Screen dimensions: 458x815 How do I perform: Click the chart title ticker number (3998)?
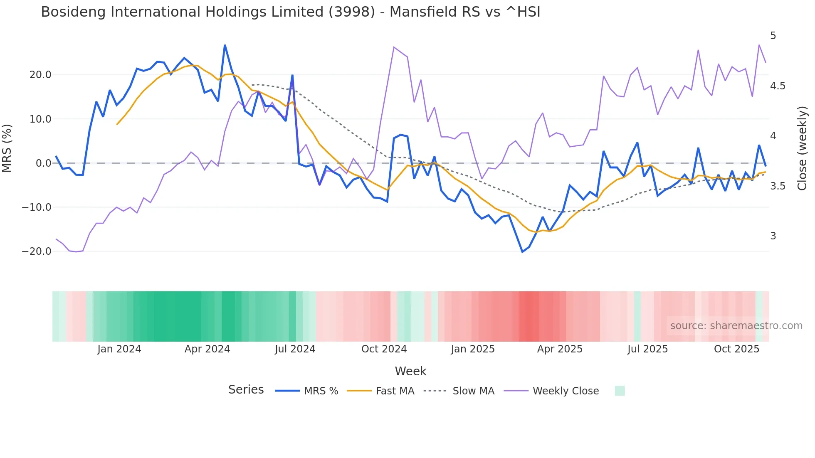[x=352, y=12]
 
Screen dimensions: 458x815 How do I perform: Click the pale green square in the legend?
[x=620, y=391]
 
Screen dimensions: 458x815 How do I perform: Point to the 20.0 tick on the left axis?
[x=40, y=75]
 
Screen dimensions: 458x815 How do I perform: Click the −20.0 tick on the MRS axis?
[x=37, y=251]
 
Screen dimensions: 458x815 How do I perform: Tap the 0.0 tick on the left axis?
[x=43, y=163]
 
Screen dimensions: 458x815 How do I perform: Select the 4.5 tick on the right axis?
[x=778, y=86]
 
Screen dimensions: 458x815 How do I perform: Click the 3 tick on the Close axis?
[x=773, y=236]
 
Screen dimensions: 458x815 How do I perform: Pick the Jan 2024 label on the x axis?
[x=119, y=349]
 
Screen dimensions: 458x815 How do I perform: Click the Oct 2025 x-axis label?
[x=736, y=349]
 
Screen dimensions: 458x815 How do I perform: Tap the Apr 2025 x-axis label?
[x=560, y=349]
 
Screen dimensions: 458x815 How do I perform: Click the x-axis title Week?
[x=410, y=371]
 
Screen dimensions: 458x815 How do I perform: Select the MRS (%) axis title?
[x=7, y=148]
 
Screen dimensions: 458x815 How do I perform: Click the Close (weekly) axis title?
[x=802, y=148]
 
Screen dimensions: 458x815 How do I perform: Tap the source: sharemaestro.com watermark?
[x=736, y=326]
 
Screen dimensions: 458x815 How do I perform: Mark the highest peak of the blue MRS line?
[x=225, y=45]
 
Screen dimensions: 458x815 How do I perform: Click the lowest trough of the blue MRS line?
[x=523, y=252]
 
